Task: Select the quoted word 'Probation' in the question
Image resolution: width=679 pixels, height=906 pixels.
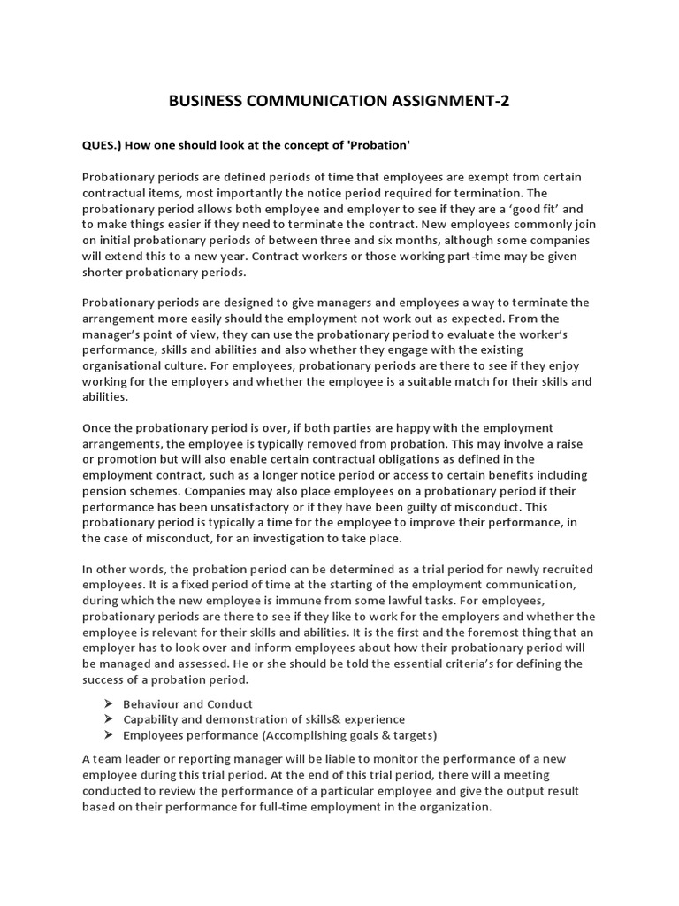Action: pos(381,145)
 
